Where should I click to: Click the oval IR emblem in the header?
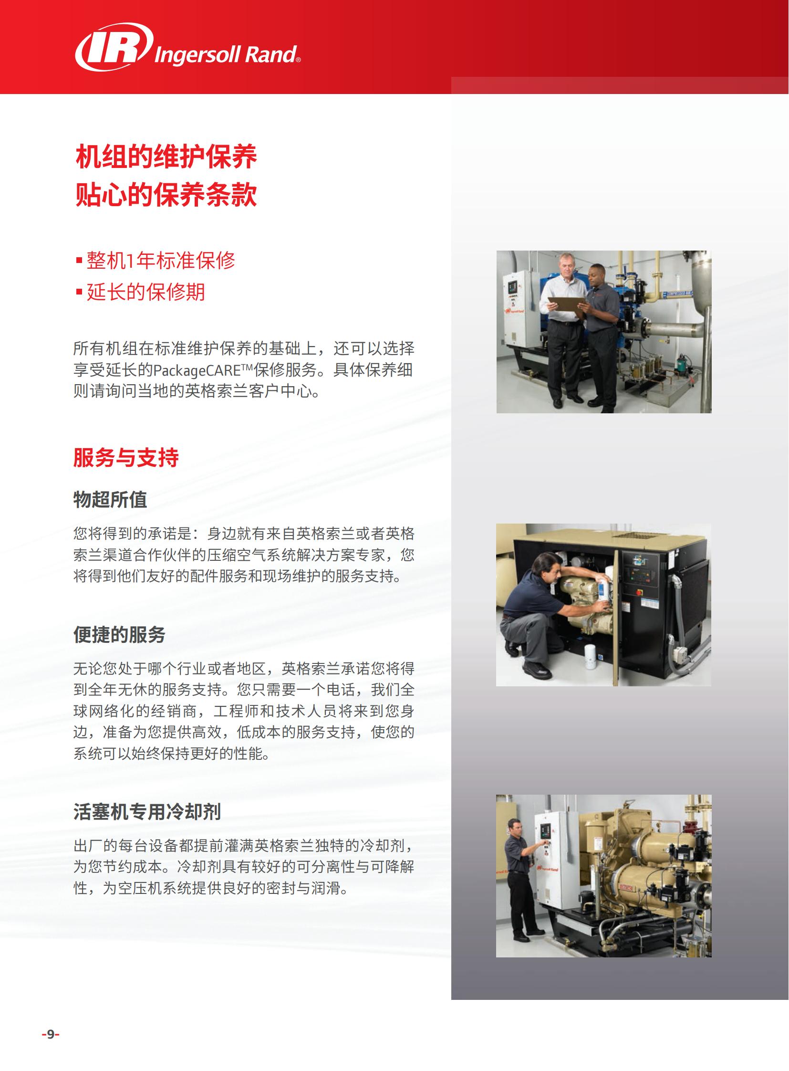[x=114, y=47]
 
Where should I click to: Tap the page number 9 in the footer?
[x=51, y=1035]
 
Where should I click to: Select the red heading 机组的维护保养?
[x=166, y=157]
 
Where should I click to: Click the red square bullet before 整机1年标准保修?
[x=79, y=261]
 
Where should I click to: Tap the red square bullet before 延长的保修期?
[x=79, y=292]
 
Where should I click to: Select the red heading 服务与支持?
[x=126, y=457]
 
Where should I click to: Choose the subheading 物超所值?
[x=110, y=499]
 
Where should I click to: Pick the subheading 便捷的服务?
[x=119, y=635]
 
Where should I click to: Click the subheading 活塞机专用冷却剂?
[x=147, y=811]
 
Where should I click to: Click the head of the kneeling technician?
[x=551, y=566]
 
